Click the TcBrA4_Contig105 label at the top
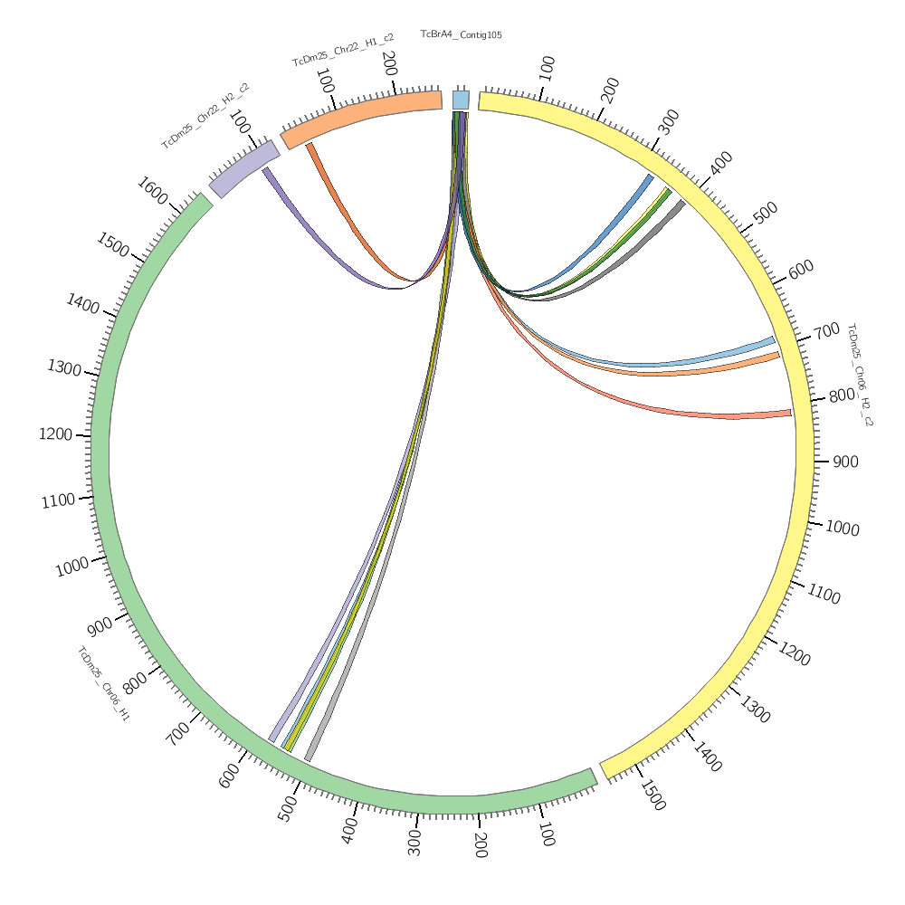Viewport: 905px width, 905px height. [x=461, y=34]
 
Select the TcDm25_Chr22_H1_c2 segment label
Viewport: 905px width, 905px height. [x=342, y=51]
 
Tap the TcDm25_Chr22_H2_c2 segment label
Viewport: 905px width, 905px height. [x=205, y=116]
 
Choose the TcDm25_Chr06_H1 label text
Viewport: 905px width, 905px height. [x=103, y=683]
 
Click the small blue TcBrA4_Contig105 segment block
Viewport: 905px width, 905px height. [x=461, y=100]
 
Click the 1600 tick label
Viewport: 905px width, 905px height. [x=152, y=191]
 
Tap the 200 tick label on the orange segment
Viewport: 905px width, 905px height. [x=389, y=63]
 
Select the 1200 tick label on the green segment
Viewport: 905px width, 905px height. [x=55, y=434]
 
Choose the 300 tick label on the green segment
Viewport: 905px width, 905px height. [x=414, y=841]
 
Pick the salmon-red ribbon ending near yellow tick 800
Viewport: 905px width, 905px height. [x=688, y=412]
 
